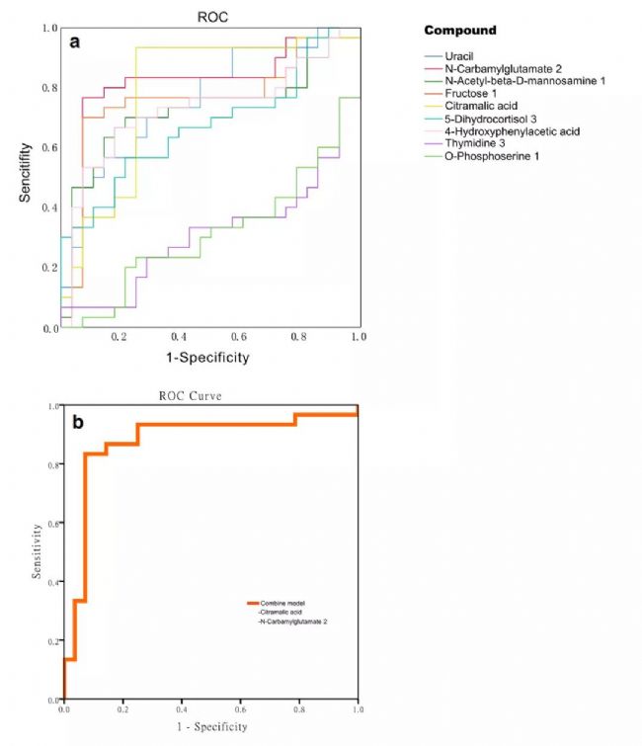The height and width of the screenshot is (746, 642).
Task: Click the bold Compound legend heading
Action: [460, 31]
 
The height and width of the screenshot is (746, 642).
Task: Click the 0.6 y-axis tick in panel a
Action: [48, 148]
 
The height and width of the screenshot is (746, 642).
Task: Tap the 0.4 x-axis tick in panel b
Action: [182, 709]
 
